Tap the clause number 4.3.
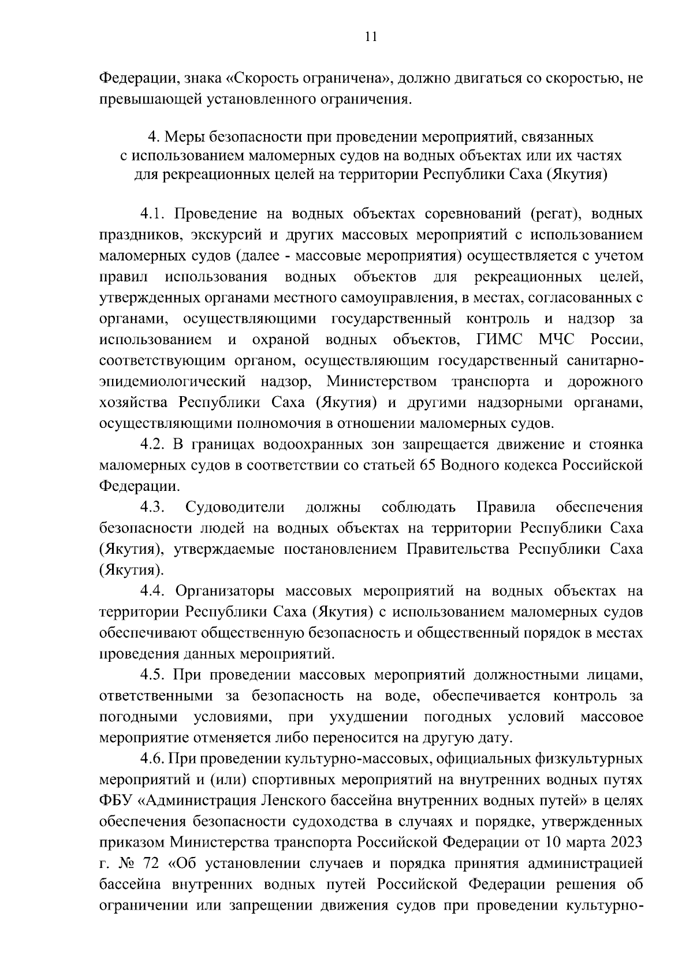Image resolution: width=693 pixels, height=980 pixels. pyautogui.click(x=153, y=507)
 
